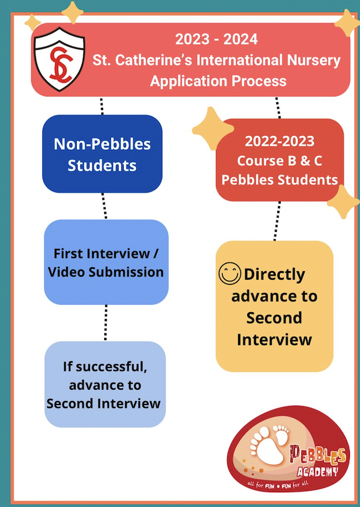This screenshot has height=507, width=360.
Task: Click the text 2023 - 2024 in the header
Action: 216,39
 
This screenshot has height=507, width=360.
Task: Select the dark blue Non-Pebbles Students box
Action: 103,154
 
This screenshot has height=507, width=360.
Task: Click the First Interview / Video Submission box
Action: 106,262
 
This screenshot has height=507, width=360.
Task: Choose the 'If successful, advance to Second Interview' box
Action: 104,385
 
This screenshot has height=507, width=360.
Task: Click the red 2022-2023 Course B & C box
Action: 280,161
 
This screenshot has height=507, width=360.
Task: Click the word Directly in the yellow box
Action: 275,275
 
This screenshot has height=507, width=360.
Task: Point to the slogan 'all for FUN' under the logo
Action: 267,485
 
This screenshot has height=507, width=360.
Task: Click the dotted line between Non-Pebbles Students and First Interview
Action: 104,206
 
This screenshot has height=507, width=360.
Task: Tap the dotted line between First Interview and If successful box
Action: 106,322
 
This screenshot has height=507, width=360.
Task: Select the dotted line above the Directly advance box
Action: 277,220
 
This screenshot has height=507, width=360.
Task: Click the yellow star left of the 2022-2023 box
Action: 212,128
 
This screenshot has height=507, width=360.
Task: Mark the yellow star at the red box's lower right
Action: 343,201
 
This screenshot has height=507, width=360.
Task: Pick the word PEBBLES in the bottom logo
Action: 318,455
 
